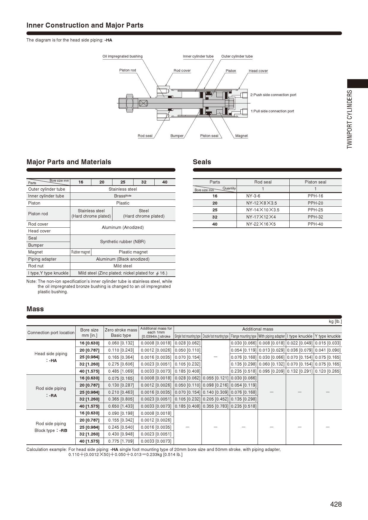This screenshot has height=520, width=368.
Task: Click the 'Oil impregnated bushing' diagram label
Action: (x=122, y=56)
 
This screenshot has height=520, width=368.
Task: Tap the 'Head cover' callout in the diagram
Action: (x=258, y=71)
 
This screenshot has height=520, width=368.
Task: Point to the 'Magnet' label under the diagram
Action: (x=241, y=136)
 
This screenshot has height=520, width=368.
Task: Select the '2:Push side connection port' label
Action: (x=273, y=95)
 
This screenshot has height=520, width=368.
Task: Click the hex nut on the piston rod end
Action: (x=130, y=103)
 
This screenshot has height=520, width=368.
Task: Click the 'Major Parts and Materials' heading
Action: (x=69, y=162)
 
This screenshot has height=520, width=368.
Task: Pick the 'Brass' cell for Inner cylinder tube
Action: (x=122, y=196)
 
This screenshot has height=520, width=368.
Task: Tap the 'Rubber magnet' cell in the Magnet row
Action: (x=81, y=252)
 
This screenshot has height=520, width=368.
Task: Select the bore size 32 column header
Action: (x=144, y=182)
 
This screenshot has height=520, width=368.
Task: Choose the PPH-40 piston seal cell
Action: (x=315, y=224)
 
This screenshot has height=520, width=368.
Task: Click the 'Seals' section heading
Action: (x=202, y=162)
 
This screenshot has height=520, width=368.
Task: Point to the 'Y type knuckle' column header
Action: (x=328, y=336)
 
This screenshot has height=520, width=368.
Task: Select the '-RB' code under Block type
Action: (x=63, y=430)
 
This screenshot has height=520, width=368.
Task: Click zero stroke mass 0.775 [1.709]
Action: (x=121, y=441)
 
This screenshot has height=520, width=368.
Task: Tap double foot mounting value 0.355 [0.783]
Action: (x=215, y=406)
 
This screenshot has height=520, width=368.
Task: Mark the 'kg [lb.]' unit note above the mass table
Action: (x=335, y=321)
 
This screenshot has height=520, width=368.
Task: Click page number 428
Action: (x=336, y=504)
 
